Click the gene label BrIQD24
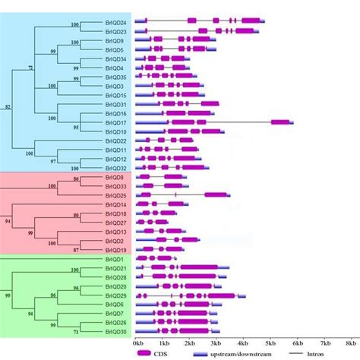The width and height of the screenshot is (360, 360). (x=115, y=23)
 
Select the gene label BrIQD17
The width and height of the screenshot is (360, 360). (x=115, y=122)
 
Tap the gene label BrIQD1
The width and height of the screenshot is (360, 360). (x=114, y=259)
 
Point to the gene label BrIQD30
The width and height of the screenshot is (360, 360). (x=115, y=332)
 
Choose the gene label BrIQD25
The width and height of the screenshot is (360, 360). (x=115, y=195)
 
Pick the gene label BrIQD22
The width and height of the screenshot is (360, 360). (x=115, y=141)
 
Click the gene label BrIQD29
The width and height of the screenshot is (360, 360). (x=115, y=295)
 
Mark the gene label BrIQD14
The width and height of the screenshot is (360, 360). (x=115, y=204)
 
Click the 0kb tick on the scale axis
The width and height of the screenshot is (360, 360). (x=137, y=343)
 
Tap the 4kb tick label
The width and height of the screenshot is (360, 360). (x=245, y=343)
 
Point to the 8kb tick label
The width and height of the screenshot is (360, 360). (x=351, y=343)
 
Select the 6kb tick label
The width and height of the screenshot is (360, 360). (x=298, y=343)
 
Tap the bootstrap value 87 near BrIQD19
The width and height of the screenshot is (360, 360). (x=75, y=250)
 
